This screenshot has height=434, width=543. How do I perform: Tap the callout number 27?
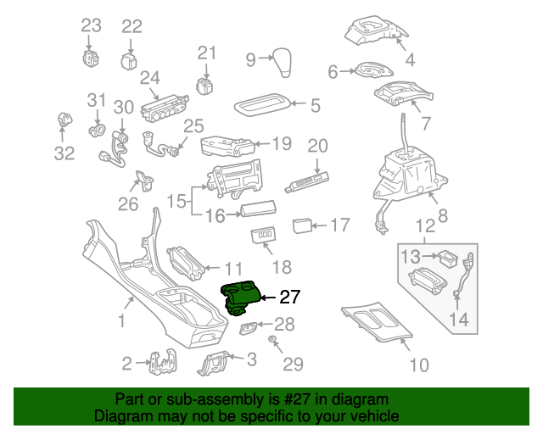click(x=289, y=297)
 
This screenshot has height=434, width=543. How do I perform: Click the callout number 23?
click(x=91, y=26)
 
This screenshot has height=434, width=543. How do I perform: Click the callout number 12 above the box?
click(x=425, y=226)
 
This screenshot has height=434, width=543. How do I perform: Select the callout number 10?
click(x=418, y=365)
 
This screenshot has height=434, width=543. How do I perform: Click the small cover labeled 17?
click(x=301, y=225)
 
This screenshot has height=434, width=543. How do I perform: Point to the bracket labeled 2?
click(x=161, y=364)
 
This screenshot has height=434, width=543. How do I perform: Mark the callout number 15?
click(x=176, y=203)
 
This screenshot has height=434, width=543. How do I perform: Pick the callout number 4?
click(x=410, y=59)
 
